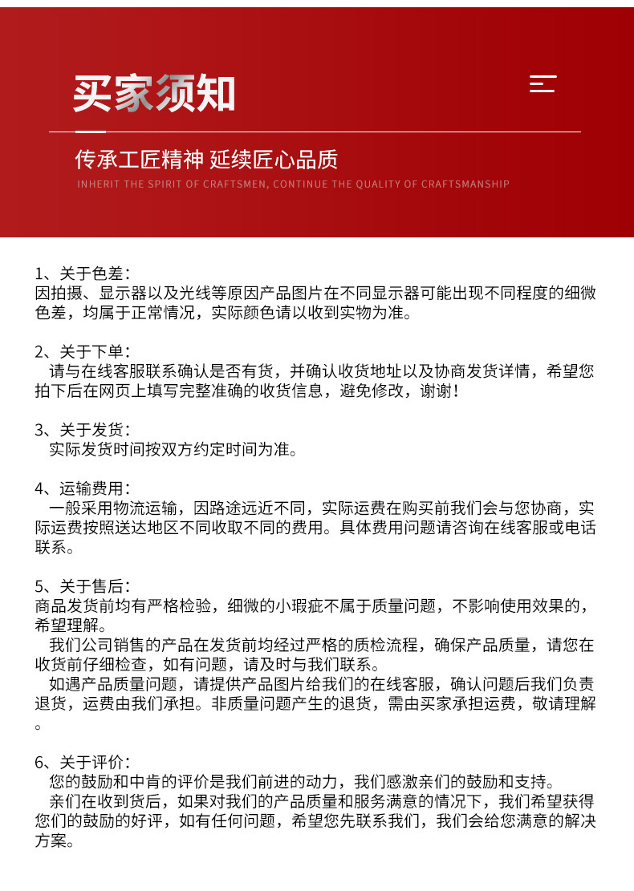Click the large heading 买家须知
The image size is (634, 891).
click(x=154, y=93)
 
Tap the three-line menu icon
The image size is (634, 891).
click(x=543, y=83)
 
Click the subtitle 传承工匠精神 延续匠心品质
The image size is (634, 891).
click(x=206, y=160)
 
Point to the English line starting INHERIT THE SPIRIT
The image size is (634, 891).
click(x=293, y=184)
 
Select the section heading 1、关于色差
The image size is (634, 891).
click(x=81, y=273)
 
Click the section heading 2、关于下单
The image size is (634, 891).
click(x=81, y=351)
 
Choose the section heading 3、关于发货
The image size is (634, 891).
click(x=81, y=429)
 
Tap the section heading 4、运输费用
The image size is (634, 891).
click(x=81, y=488)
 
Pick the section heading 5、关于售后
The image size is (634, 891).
click(x=81, y=586)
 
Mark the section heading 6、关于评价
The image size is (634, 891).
click(x=81, y=762)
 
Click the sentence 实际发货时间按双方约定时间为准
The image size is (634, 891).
click(x=172, y=449)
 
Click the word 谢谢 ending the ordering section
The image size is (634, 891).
click(x=438, y=391)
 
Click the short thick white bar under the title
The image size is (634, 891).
click(x=90, y=132)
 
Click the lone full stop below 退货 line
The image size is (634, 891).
click(x=38, y=726)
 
